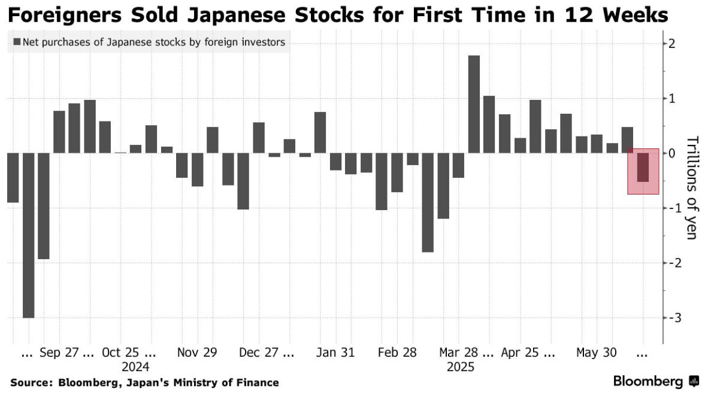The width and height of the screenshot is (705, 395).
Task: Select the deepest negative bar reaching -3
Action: pyautogui.click(x=28, y=235)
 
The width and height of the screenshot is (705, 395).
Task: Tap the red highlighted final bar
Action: pyautogui.click(x=643, y=168)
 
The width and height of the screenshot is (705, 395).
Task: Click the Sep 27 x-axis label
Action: pyautogui.click(x=59, y=353)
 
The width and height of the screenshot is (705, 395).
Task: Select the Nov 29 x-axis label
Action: pyautogui.click(x=197, y=353)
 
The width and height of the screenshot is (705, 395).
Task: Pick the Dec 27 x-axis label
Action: pyautogui.click(x=259, y=353)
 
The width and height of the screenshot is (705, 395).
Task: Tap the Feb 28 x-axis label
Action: pyautogui.click(x=397, y=353)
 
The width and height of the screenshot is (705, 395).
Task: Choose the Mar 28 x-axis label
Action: pyautogui.click(x=459, y=353)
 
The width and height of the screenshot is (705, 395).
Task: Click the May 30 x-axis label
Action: pyautogui.click(x=596, y=353)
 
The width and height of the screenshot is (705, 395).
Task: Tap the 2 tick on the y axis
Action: pyautogui.click(x=673, y=43)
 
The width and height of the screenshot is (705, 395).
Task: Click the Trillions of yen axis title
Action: pyautogui.click(x=692, y=188)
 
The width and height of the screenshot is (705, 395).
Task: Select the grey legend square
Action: pyautogui.click(x=16, y=42)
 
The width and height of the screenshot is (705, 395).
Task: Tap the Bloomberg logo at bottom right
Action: pyautogui.click(x=655, y=381)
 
